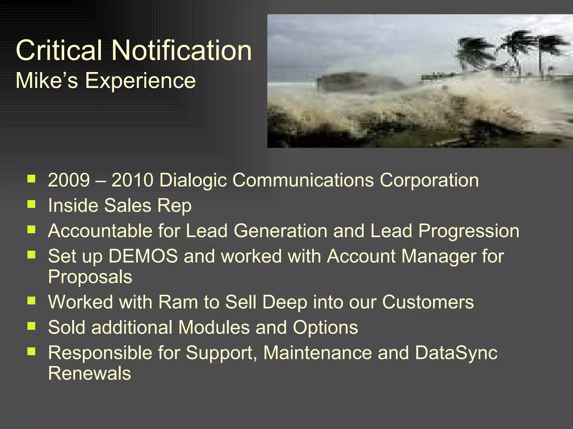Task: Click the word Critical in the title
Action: pos(59,50)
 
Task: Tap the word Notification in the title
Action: pos(182,50)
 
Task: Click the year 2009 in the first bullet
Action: pos(69,180)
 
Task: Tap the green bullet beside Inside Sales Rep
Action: pos(31,204)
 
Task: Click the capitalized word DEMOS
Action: pos(143,256)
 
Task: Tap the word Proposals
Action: pos(90,277)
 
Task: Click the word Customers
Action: pos(428,302)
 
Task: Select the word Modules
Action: pos(214,327)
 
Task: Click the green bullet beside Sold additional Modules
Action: pos(31,326)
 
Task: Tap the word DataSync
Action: pos(456,353)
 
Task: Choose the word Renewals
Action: pos(90,373)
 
